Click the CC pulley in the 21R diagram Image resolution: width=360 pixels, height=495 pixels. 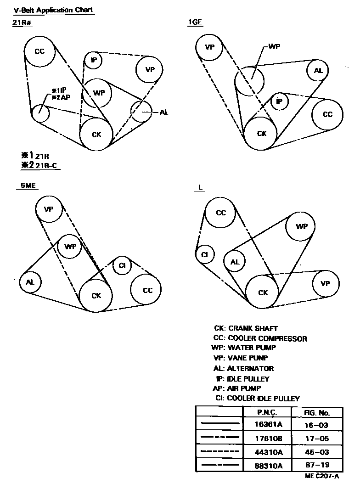(x=40, y=51)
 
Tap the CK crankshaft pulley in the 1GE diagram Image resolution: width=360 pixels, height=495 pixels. (x=261, y=133)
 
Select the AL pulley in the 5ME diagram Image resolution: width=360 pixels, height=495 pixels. (x=30, y=282)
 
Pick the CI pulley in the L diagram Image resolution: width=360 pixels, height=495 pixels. (x=205, y=254)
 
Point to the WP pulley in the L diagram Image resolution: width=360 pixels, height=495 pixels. (x=301, y=226)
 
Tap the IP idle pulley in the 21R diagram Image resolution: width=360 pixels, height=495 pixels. (x=94, y=60)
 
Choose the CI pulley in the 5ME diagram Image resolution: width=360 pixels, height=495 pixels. (x=122, y=265)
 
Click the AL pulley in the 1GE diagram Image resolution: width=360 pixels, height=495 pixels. (x=318, y=71)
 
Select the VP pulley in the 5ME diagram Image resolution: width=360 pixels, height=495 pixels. (x=49, y=209)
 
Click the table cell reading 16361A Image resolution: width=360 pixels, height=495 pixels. (x=269, y=425)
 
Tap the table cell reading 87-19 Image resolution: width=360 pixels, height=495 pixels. (x=317, y=465)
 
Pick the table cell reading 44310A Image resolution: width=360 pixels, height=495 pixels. (x=269, y=451)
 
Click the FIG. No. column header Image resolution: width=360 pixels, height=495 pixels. (x=317, y=412)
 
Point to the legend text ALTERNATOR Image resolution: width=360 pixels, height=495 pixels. (x=251, y=368)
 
